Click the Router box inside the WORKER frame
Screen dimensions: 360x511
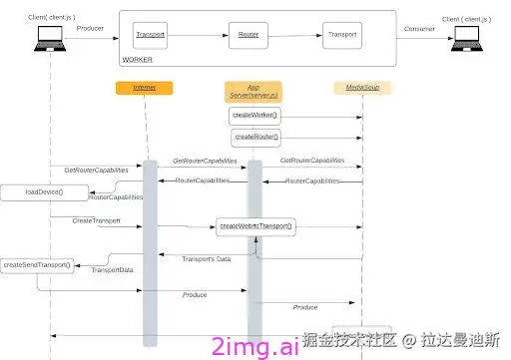click(x=249, y=35)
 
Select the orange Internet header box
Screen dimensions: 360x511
click(x=145, y=89)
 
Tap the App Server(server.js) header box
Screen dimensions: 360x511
click(x=254, y=91)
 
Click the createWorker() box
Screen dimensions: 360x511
click(x=255, y=116)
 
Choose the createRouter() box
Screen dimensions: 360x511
click(x=256, y=136)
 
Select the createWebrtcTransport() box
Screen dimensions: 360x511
click(x=256, y=226)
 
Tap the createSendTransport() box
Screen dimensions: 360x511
click(x=37, y=265)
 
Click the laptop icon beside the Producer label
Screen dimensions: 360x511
click(x=48, y=37)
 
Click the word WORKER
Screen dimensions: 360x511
click(x=137, y=61)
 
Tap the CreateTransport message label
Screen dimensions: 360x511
click(x=97, y=219)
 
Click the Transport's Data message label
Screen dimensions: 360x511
click(x=207, y=259)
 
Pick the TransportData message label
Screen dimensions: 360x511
click(x=113, y=269)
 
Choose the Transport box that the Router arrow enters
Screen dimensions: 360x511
click(x=340, y=35)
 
